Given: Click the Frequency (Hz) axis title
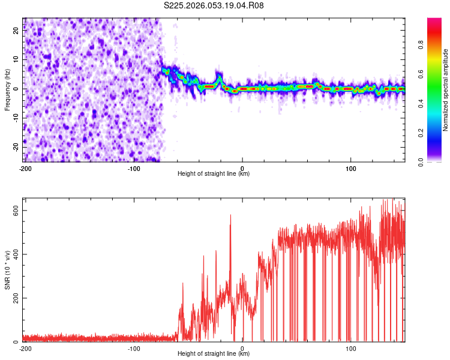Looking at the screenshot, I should click(x=7, y=89).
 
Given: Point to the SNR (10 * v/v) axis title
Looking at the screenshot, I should click(x=7, y=270).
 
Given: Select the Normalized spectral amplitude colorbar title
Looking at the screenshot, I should click(x=446, y=89).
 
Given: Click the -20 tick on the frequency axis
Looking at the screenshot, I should click(x=16, y=147).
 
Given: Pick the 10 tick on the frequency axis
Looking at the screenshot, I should click(x=17, y=60).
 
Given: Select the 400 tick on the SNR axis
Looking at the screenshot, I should click(x=14, y=254).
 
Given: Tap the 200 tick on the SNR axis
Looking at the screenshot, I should click(x=14, y=298).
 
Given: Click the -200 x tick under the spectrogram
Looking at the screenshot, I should click(x=25, y=167).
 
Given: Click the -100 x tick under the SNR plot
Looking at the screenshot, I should click(x=134, y=348).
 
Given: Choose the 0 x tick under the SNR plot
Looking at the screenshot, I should click(x=242, y=348).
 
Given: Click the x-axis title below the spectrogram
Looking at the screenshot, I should click(x=214, y=174).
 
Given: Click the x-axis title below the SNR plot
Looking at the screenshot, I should click(x=214, y=355).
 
